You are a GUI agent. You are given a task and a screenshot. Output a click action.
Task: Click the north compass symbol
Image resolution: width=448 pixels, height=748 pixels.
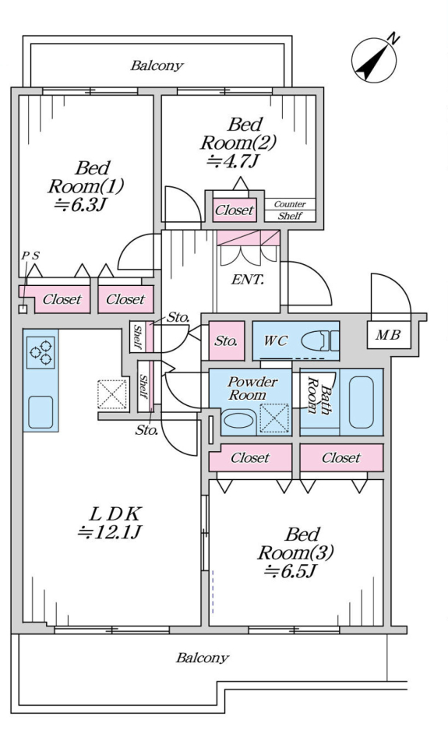tap(375, 58)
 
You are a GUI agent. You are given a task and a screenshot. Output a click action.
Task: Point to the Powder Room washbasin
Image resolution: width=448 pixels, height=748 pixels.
tap(240, 420)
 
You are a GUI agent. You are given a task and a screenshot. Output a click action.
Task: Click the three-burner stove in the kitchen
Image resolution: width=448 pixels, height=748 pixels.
tap(41, 352)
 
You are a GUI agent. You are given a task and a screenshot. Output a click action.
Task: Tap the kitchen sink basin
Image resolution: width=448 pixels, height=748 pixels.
tap(41, 412)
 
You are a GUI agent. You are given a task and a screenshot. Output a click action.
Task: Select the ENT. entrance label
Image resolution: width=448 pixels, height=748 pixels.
tap(248, 280)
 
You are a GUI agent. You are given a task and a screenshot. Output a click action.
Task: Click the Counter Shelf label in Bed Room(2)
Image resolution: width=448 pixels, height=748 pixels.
tap(290, 210)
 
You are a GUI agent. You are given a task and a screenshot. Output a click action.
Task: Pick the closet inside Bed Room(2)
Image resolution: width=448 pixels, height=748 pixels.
tap(235, 210)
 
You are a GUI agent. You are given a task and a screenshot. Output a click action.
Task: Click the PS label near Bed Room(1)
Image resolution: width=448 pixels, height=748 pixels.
tap(30, 256)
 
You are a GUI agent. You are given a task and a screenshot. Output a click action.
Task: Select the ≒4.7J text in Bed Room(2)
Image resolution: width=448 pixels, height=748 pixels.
tap(233, 161)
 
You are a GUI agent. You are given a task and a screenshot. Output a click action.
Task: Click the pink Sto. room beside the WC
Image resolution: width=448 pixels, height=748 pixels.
tap(227, 340)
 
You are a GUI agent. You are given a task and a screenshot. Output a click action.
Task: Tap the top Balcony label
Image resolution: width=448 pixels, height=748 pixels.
tap(157, 65)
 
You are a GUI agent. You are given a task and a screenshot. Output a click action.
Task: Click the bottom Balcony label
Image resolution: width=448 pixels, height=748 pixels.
tap(203, 658)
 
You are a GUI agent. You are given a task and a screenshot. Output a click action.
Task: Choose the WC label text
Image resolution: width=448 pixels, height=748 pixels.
tap(276, 340)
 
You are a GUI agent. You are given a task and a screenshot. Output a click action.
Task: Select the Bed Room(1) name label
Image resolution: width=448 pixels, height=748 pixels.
tap(86, 177)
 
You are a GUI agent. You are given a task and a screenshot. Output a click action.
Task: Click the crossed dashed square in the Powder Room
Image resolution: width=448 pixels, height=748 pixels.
tap(274, 418)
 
